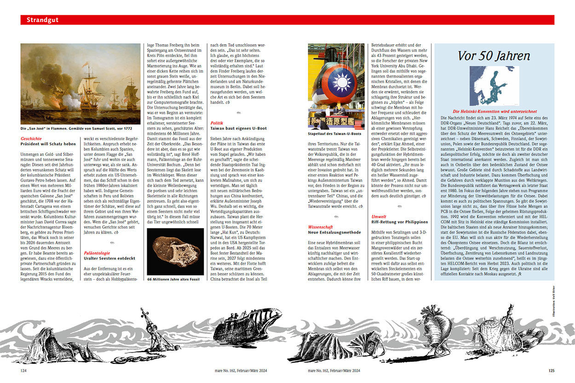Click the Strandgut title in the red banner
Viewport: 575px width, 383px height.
coord(42,20)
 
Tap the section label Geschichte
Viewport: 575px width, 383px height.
coord(31,138)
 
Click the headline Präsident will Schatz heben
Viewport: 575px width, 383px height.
coord(48,144)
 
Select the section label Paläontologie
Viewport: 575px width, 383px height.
coord(97,253)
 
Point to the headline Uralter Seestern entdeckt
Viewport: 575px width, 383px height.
coord(109,259)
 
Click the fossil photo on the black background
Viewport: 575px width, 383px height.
coord(175,252)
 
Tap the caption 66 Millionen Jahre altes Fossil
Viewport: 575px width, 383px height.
coord(175,279)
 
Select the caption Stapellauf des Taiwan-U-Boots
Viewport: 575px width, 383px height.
coord(335,134)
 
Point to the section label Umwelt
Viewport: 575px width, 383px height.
coord(379,217)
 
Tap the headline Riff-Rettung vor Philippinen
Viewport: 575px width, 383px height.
coord(400,222)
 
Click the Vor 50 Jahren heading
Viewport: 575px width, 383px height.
coord(494,56)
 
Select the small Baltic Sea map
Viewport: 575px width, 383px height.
coord(494,86)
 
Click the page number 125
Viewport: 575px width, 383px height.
coord(551,370)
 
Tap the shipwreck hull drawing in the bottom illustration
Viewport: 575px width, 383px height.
coord(243,326)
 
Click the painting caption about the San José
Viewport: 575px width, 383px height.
coord(73,128)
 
